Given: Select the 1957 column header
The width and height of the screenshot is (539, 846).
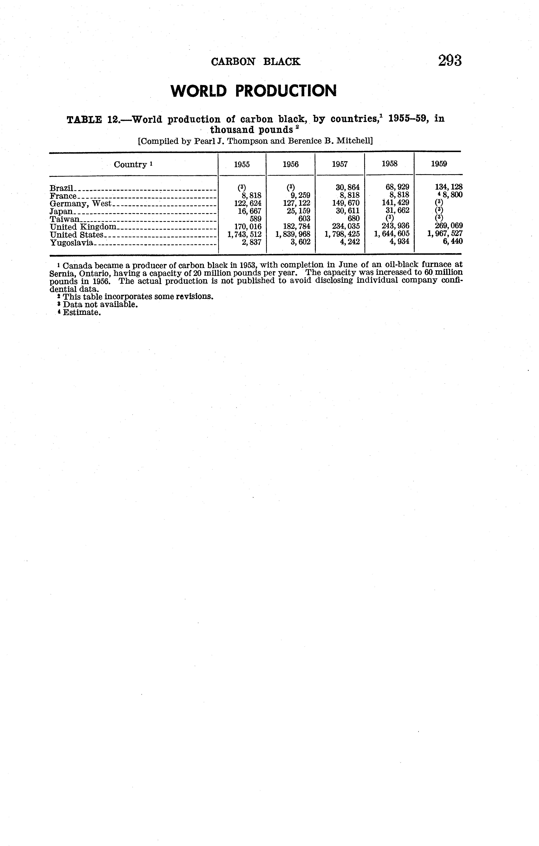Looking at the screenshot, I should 340,164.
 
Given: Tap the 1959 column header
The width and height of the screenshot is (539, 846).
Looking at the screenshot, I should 439,164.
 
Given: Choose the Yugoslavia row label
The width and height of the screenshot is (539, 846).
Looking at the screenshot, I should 71,242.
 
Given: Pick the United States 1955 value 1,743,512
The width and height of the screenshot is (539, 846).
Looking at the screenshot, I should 244,234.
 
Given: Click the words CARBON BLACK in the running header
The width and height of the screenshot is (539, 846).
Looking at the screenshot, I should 256,62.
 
